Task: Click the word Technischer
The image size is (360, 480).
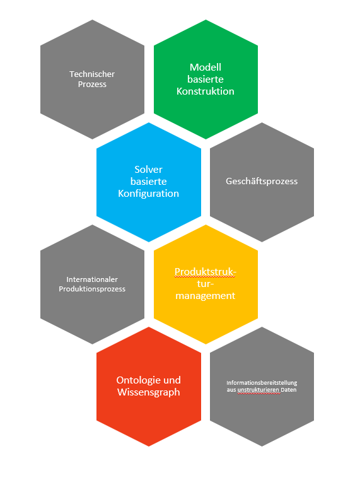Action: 92,74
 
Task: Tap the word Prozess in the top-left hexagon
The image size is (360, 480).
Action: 92,84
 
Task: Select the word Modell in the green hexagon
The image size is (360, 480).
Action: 206,67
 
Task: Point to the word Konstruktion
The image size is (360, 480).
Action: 206,91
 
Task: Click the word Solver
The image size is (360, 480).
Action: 148,169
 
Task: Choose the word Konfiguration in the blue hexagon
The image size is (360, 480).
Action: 148,194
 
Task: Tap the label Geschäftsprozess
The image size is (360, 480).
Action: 262,181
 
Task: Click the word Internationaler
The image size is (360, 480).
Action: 92,279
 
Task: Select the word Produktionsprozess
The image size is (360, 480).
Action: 92,289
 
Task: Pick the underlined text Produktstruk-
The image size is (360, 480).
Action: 206,272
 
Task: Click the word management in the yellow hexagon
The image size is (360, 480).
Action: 206,296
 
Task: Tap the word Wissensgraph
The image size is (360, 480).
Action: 148,392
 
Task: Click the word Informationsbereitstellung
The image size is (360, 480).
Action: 262,383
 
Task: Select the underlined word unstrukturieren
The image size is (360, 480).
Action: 258,390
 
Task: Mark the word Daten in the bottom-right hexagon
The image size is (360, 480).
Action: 289,390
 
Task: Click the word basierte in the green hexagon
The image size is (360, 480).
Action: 206,79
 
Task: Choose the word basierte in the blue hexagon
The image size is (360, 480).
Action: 148,182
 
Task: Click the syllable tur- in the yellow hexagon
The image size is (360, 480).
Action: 206,284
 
